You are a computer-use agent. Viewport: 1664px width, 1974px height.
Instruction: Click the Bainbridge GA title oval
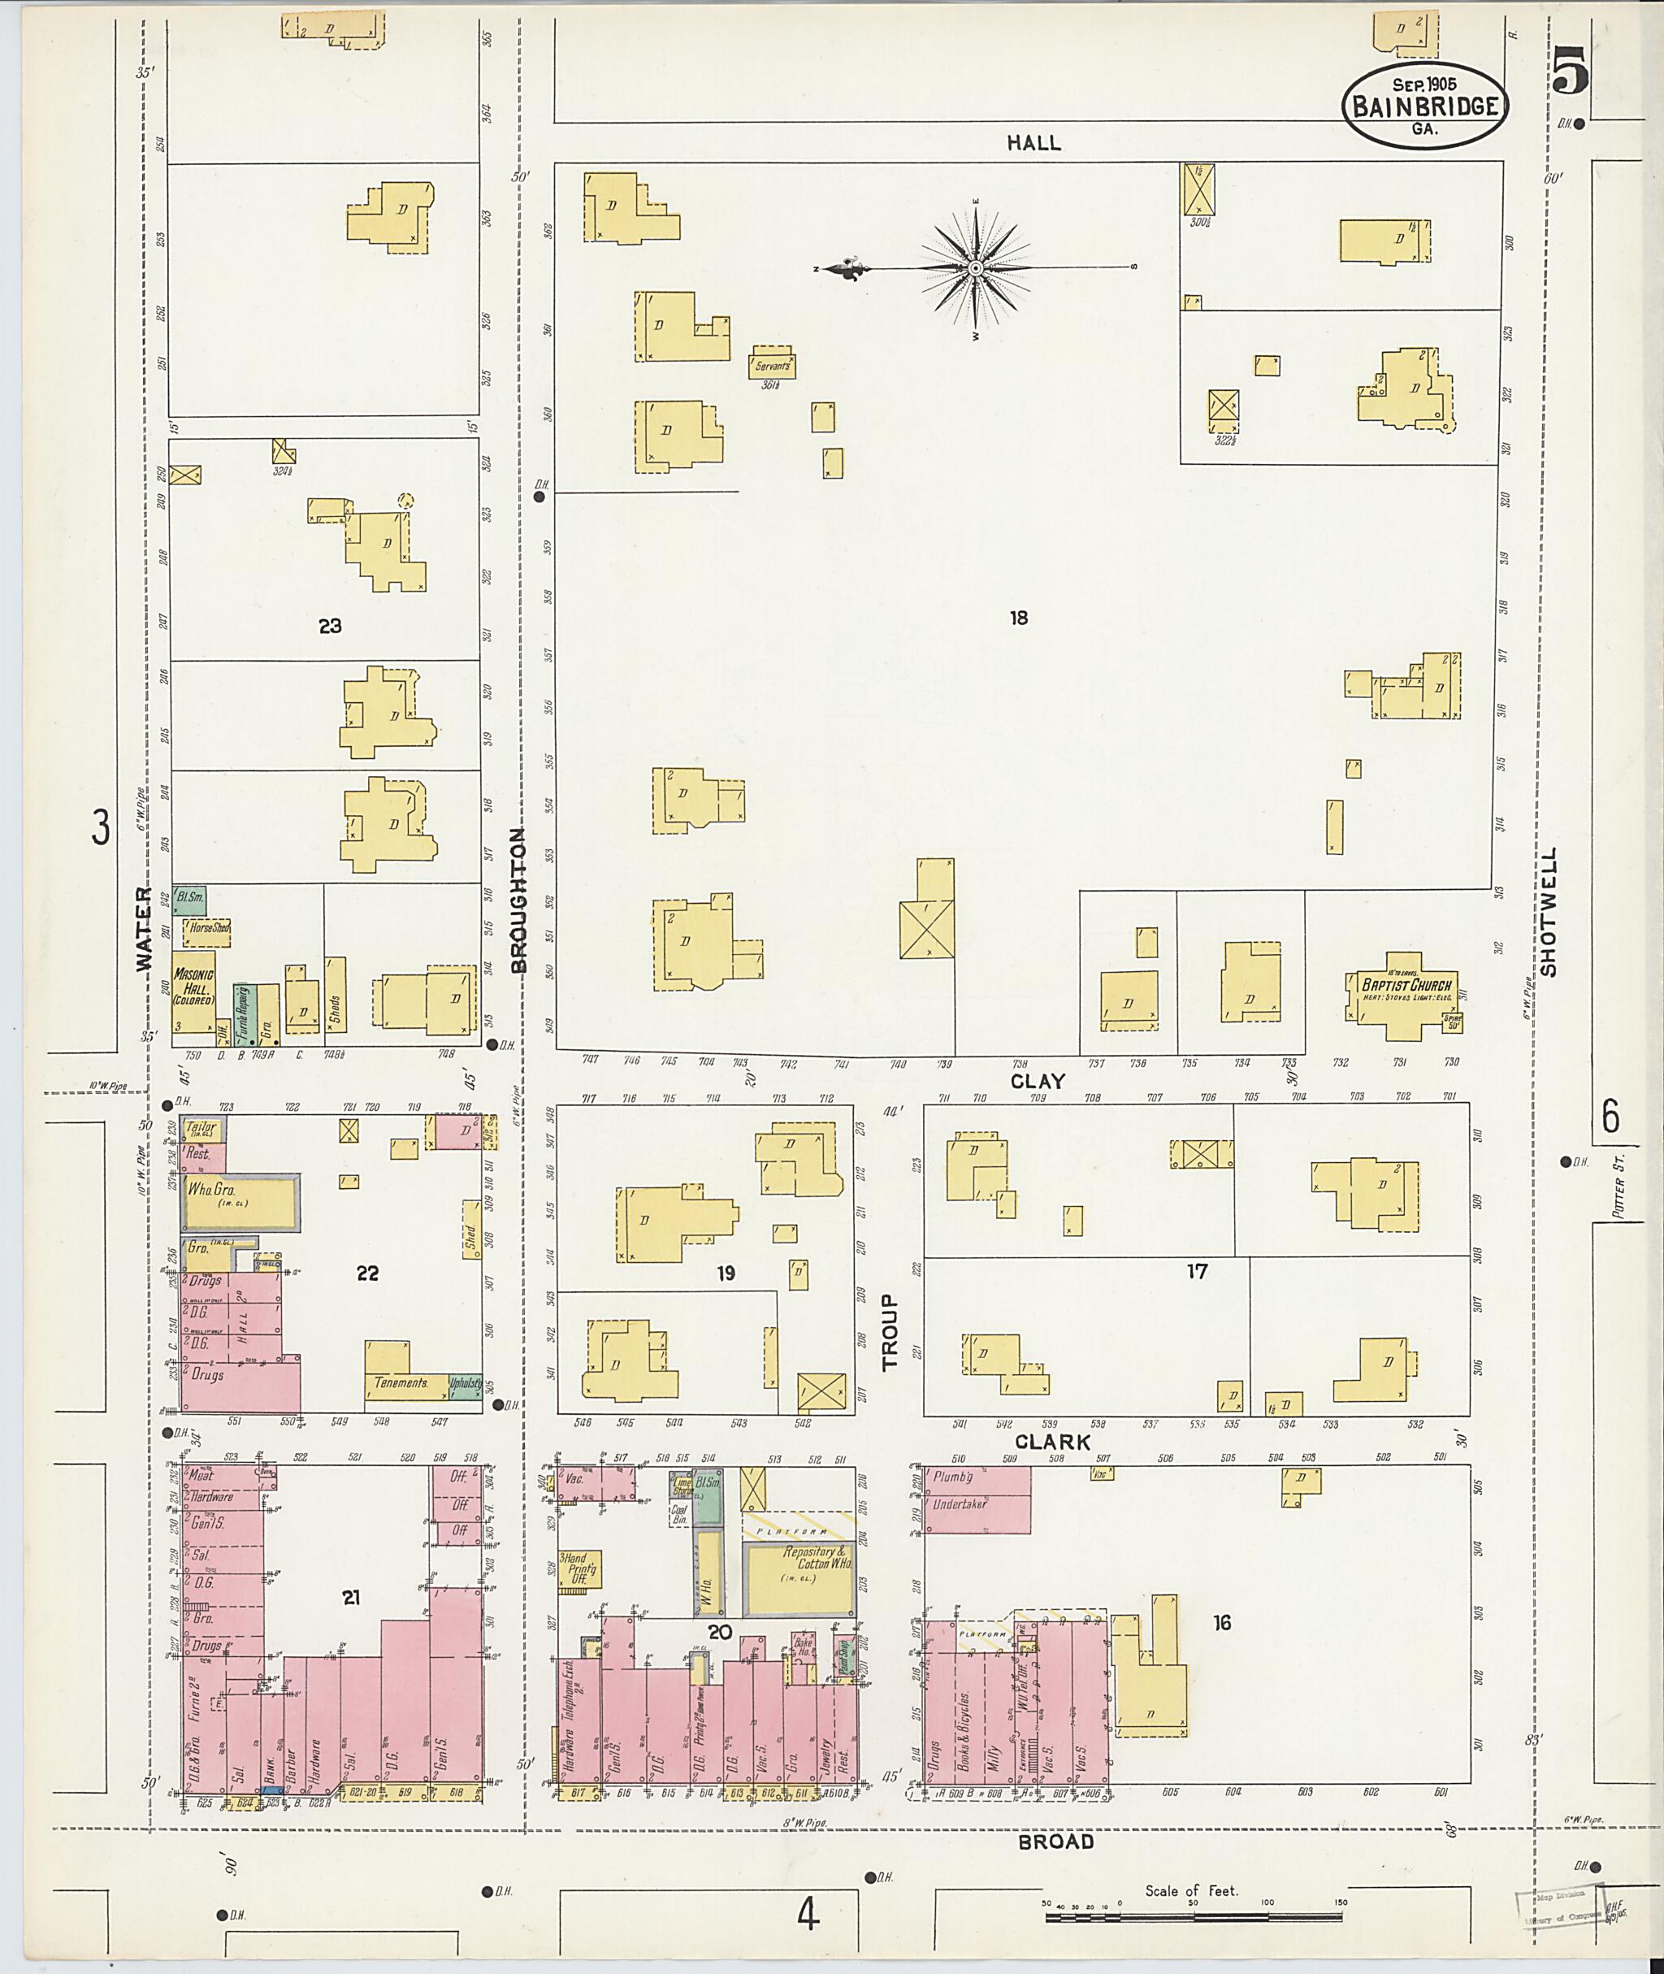1424,106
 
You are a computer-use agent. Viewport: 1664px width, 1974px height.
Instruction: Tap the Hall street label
1033,142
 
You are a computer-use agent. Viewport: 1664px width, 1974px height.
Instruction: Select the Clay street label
1038,1082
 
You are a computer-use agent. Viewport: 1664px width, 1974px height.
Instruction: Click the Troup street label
891,1331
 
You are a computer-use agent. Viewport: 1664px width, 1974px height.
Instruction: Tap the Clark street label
1053,1442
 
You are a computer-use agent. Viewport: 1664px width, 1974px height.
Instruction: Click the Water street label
142,929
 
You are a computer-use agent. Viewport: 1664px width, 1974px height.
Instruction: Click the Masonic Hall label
193,985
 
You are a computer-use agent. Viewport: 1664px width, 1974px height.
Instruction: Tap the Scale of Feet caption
1191,1890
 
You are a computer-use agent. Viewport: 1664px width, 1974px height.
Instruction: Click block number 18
1019,618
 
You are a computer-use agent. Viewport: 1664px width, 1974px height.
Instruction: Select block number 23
329,626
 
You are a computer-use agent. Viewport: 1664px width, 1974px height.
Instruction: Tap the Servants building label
773,365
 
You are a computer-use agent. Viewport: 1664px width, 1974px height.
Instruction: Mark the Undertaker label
960,1505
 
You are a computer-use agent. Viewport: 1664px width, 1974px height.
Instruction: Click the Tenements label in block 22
401,1382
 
